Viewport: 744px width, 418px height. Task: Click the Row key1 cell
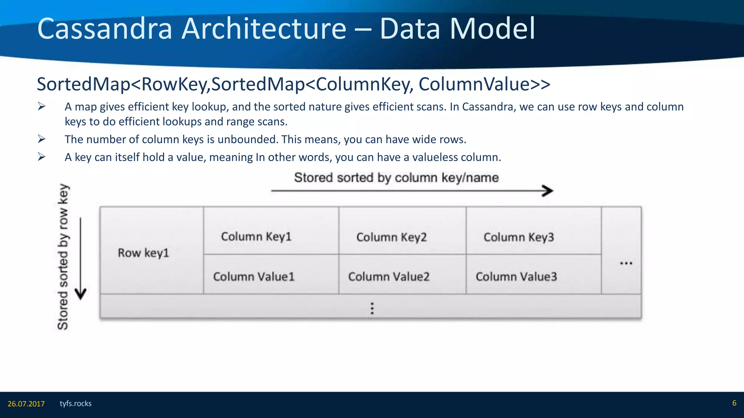pos(144,253)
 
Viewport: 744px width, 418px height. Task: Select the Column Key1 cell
pos(256,237)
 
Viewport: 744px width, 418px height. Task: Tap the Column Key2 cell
pos(392,237)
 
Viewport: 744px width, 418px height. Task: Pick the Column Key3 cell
pos(519,237)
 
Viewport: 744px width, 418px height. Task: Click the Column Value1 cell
pos(254,276)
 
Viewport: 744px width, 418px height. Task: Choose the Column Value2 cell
pos(389,276)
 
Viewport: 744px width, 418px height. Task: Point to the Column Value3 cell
pos(516,276)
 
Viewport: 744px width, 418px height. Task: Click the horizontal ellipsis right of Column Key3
pos(626,263)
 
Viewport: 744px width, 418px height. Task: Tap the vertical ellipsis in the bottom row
pos(372,308)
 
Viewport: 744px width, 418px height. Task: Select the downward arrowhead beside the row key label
pos(81,294)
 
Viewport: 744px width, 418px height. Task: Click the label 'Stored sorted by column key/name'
pos(396,177)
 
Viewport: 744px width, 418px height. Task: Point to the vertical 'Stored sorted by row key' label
pos(63,257)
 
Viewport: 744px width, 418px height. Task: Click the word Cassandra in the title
pos(105,29)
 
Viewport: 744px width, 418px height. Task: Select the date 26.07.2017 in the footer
pos(26,404)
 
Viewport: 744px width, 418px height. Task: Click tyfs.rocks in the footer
pos(76,403)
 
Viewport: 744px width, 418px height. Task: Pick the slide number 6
pos(734,403)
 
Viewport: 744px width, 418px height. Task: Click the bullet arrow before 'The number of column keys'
pos(41,139)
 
